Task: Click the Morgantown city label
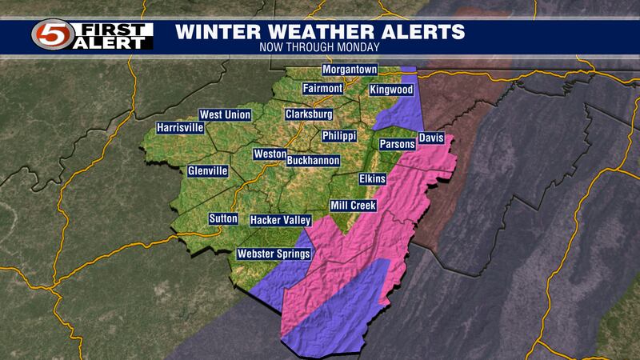pos(350,70)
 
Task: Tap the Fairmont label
pos(323,88)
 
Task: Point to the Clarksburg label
pos(309,115)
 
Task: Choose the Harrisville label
pos(181,128)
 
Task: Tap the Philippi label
pos(339,136)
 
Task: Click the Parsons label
pos(398,144)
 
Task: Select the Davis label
pos(430,138)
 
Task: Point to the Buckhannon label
pos(313,161)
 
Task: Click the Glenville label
pos(208,171)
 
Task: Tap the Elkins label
pos(372,178)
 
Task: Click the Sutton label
pos(223,218)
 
